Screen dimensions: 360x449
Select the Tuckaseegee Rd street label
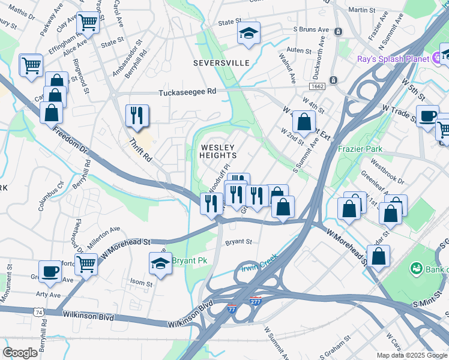(x=187, y=93)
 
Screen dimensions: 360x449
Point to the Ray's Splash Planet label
(x=393, y=59)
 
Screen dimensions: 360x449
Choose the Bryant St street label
(x=238, y=242)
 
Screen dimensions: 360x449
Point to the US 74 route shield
(x=40, y=313)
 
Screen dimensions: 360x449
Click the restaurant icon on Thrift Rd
(x=137, y=115)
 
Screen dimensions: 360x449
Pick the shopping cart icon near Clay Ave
(x=88, y=23)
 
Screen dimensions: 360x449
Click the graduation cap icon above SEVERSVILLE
(x=247, y=34)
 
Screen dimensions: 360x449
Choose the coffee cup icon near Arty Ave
(x=50, y=271)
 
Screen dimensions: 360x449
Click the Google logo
(x=20, y=353)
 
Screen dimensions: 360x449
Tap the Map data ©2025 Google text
(x=412, y=355)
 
